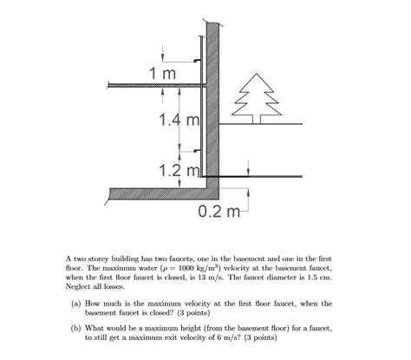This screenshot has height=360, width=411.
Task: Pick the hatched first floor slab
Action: coord(152,85)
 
